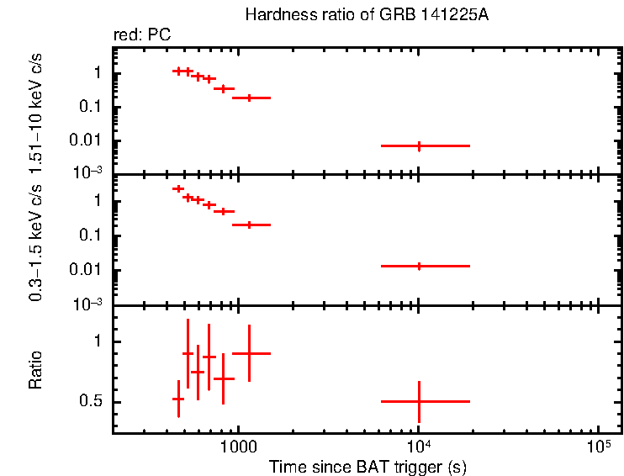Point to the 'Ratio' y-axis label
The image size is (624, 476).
(x=36, y=371)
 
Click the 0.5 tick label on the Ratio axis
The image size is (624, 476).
(x=90, y=402)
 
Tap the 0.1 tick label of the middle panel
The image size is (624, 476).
(x=90, y=235)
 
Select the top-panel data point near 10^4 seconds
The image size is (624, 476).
(x=419, y=145)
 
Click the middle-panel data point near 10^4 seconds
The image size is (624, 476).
(x=419, y=266)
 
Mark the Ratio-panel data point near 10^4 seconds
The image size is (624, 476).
(x=419, y=401)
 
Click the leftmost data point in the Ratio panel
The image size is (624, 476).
(x=178, y=399)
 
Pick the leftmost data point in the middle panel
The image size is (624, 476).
(x=178, y=188)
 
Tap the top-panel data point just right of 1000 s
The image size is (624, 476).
(x=250, y=98)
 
